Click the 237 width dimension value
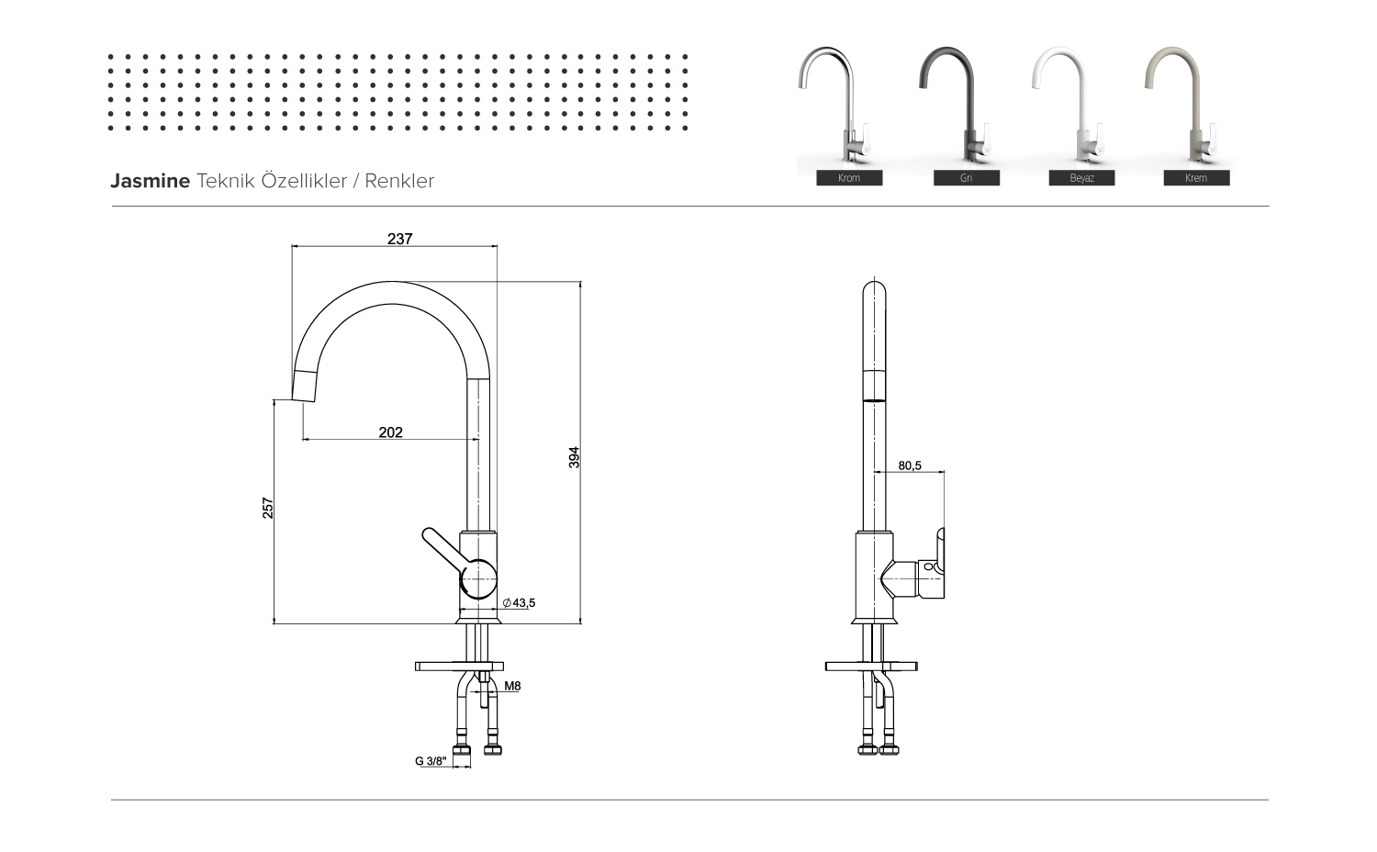click(x=399, y=239)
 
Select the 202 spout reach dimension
click(x=390, y=432)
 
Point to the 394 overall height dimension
click(x=574, y=457)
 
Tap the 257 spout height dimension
click(x=268, y=508)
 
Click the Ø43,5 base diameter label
click(x=519, y=603)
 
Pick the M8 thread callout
click(x=512, y=686)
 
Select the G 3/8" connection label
click(x=431, y=761)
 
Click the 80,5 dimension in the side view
click(x=910, y=465)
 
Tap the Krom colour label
click(x=849, y=178)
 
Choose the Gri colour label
click(x=966, y=178)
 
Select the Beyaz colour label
click(x=1081, y=178)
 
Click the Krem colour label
click(x=1196, y=178)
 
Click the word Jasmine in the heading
click(x=150, y=181)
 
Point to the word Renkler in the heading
click(x=399, y=181)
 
